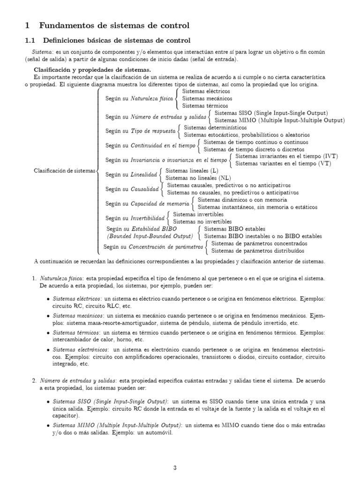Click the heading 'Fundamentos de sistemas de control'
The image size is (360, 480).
click(114, 25)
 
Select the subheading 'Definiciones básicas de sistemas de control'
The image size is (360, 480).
click(117, 41)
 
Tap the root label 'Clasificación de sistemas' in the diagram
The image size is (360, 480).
click(64, 171)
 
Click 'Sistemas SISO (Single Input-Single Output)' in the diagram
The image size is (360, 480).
click(270, 113)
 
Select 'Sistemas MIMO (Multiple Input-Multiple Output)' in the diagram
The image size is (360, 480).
click(278, 120)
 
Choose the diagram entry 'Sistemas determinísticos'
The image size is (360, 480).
click(213, 127)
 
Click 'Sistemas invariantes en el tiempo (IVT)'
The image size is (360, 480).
click(286, 156)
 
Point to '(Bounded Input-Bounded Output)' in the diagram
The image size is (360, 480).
click(150, 235)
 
